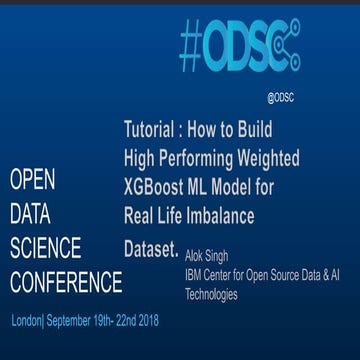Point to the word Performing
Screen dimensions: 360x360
click(196, 157)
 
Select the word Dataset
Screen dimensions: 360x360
click(149, 244)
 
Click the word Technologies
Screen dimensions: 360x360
click(211, 295)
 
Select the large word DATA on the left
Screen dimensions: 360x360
click(29, 213)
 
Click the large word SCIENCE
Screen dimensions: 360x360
click(46, 246)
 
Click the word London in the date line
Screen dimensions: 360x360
click(26, 322)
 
